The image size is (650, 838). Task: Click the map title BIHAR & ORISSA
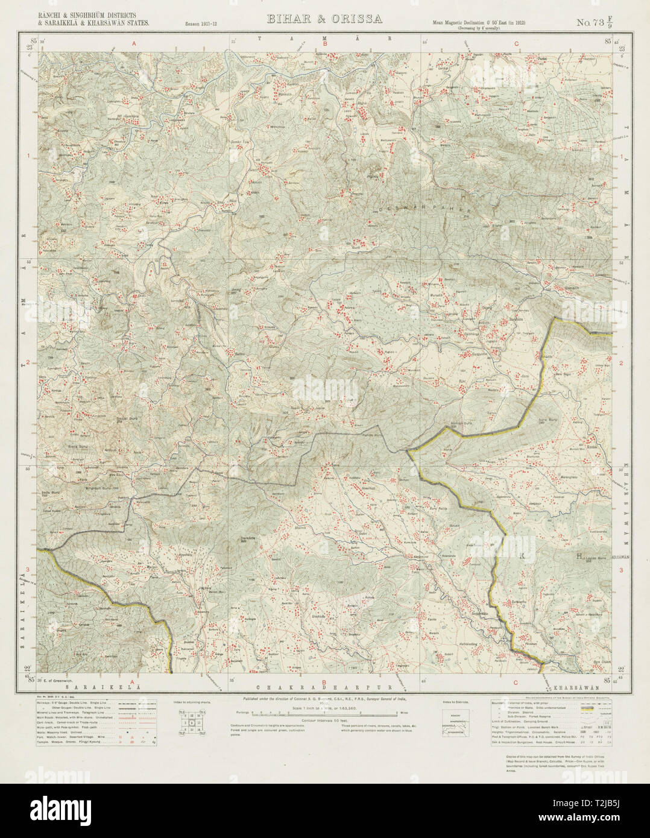pos(324,19)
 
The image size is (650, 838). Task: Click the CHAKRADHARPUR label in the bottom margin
pos(326,687)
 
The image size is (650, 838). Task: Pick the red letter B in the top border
pos(325,44)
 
